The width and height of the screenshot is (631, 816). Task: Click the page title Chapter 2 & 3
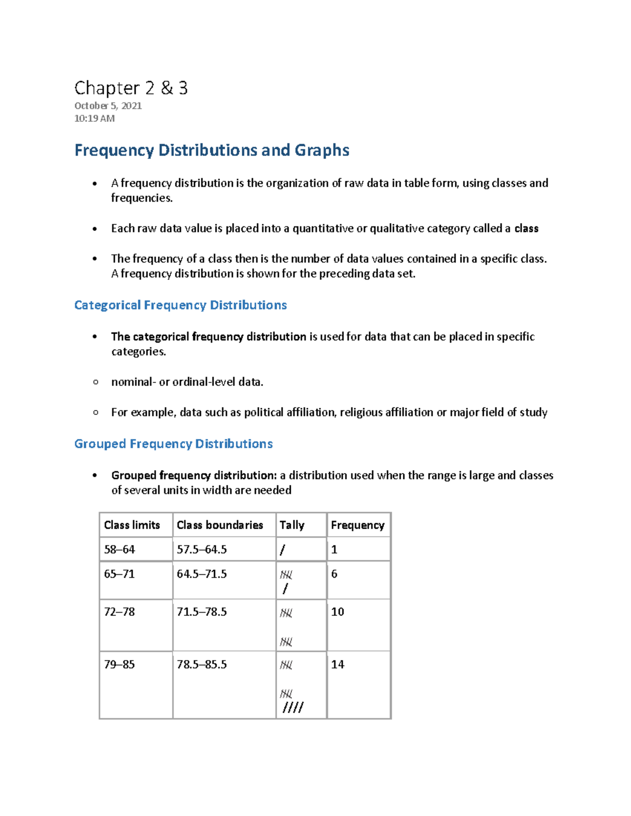131,88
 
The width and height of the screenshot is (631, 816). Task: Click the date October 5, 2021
108,106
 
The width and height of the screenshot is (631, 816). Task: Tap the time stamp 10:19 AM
94,118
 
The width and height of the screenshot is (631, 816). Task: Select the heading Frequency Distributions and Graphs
211,150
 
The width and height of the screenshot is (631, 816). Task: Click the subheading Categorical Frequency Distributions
180,305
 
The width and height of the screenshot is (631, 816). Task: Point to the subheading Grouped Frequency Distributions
173,444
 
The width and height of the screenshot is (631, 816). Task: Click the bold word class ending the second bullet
526,229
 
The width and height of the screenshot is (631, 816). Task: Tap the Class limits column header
132,525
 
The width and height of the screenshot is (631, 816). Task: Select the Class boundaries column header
220,525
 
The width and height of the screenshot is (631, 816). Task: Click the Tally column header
292,525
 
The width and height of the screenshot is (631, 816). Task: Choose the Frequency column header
358,525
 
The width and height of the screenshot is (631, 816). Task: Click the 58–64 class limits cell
119,550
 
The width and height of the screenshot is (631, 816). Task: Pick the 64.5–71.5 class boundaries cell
202,574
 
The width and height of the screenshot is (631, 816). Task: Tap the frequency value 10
338,612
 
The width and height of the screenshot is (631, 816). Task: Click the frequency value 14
338,664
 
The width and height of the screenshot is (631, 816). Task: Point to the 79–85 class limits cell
119,664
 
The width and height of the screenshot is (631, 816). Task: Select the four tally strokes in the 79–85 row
293,708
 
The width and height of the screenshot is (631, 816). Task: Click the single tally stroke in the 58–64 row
283,550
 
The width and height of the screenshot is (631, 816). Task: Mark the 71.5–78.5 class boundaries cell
202,612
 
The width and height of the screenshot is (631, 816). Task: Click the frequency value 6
334,574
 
